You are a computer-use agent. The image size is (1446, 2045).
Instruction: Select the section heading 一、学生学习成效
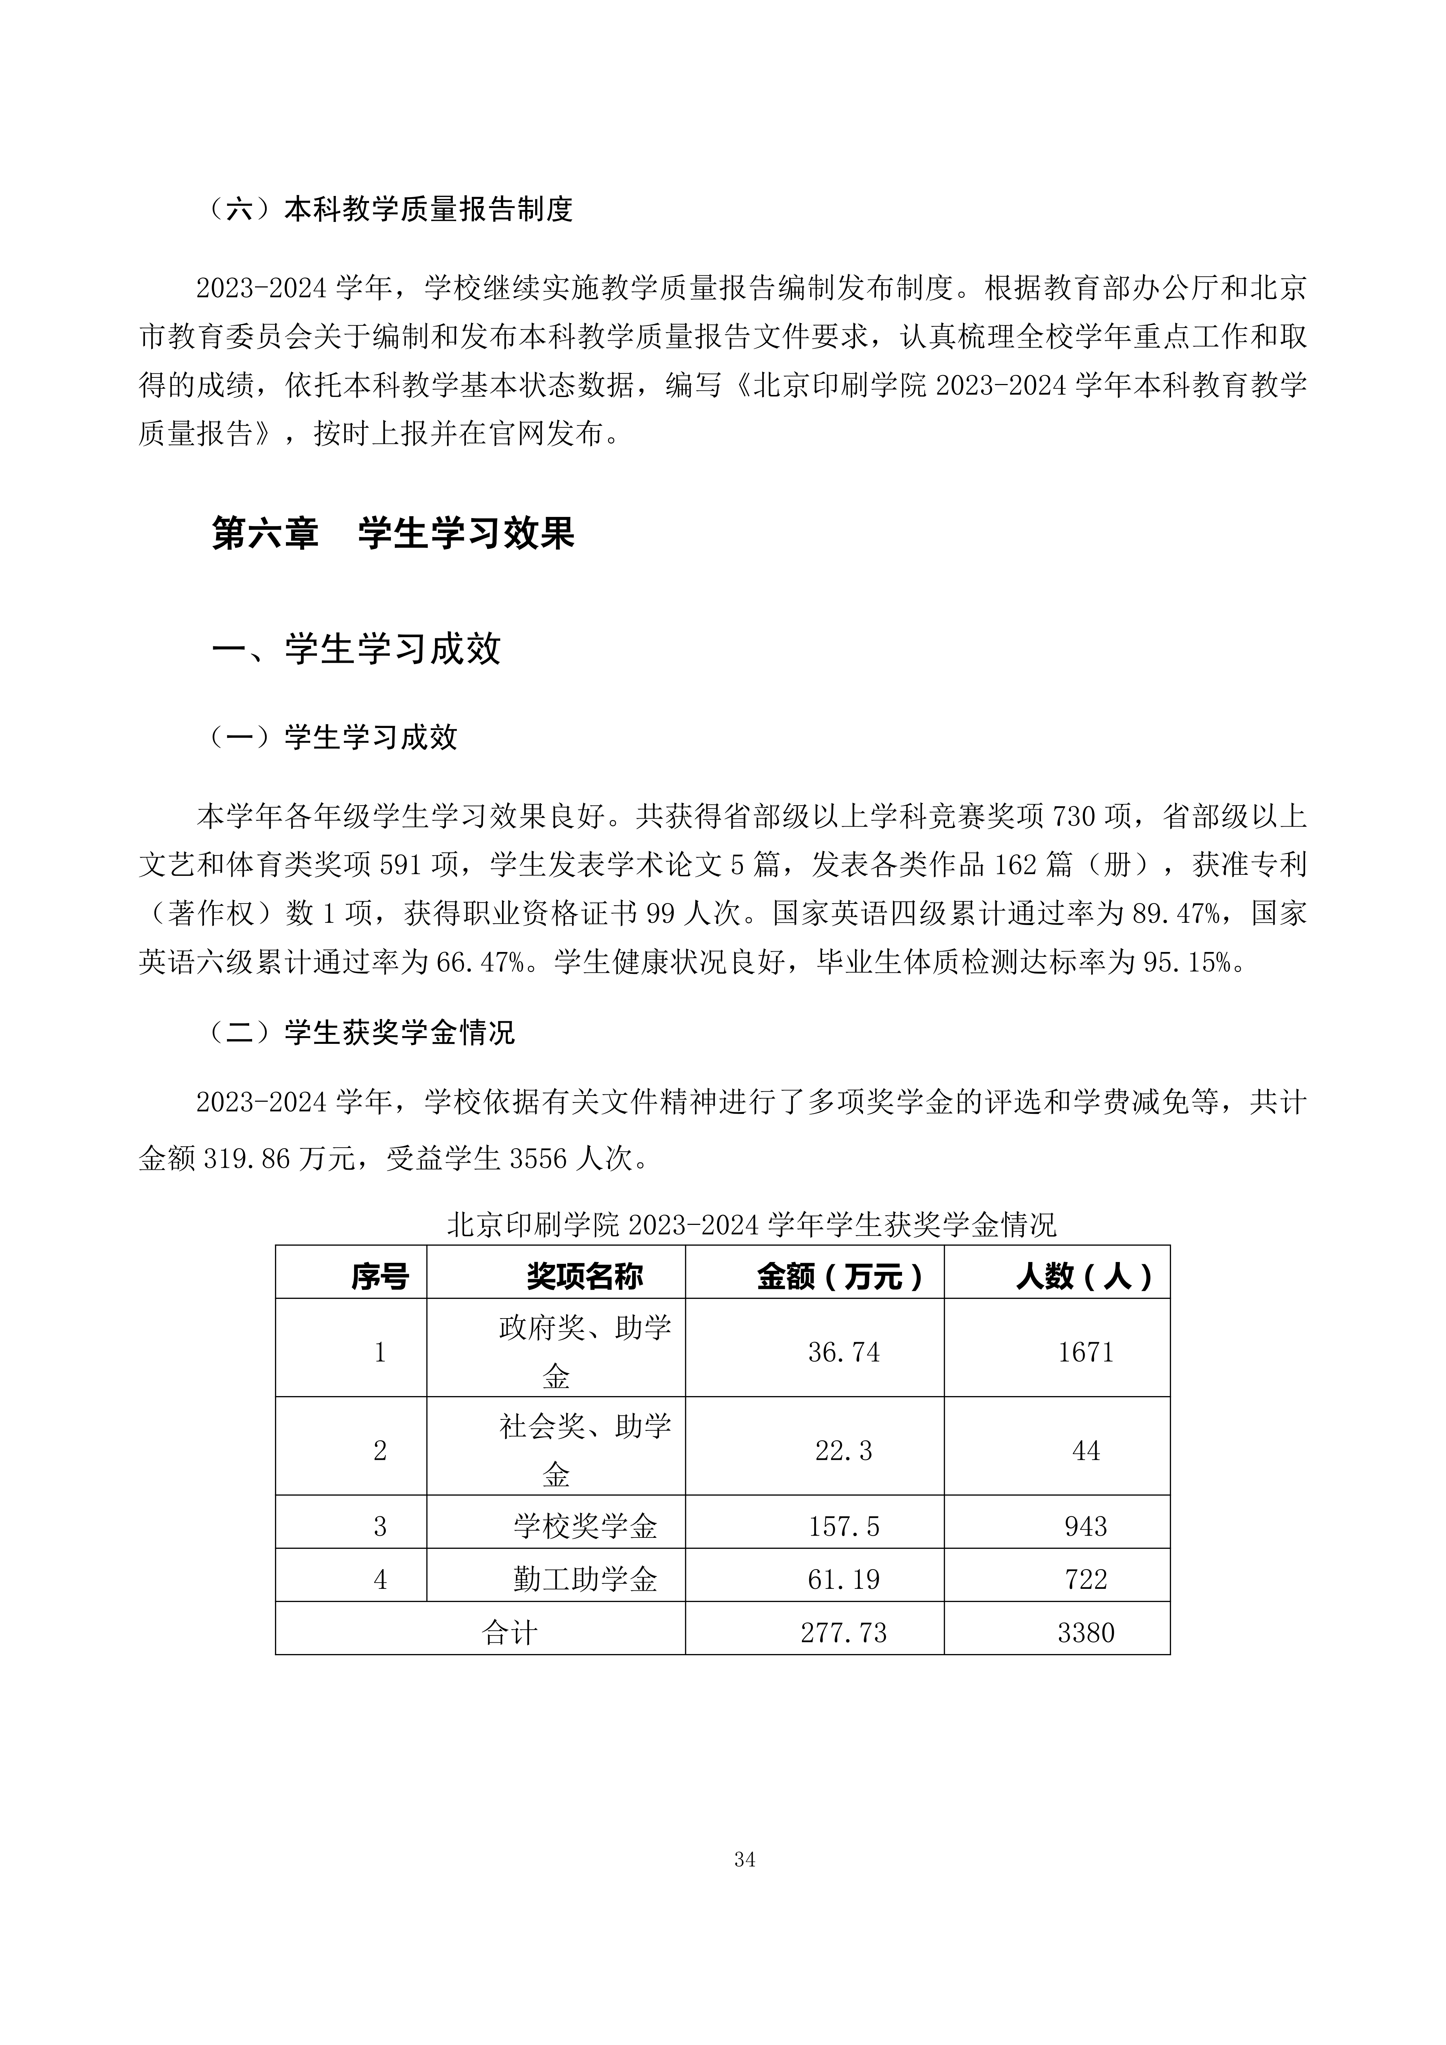click(356, 649)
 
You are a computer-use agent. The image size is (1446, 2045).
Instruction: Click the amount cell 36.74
click(843, 1352)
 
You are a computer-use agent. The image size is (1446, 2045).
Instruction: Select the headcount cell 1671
click(1085, 1352)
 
